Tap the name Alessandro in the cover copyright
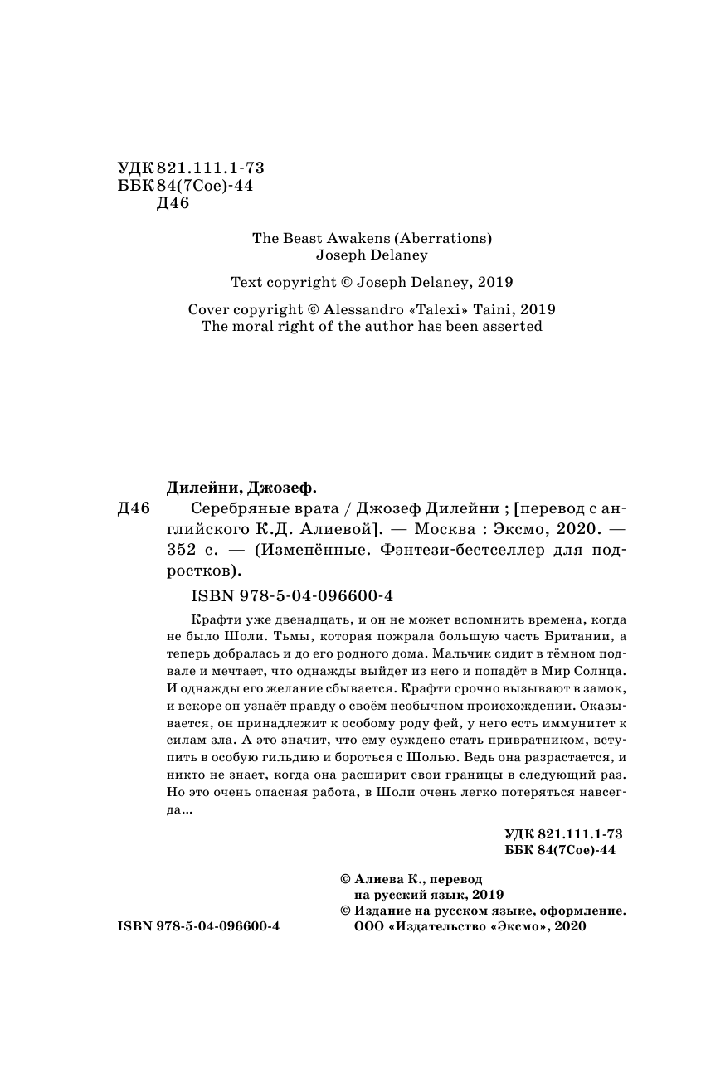[361, 308]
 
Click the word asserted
[513, 326]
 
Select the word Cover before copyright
[210, 308]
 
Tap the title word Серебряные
[234, 508]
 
